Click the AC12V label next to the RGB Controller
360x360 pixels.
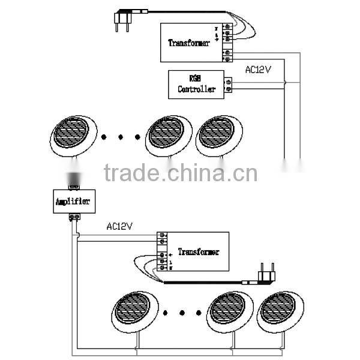click(259, 70)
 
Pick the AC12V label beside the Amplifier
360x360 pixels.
click(119, 227)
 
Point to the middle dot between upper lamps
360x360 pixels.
click(120, 138)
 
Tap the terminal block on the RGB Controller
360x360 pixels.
click(228, 85)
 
